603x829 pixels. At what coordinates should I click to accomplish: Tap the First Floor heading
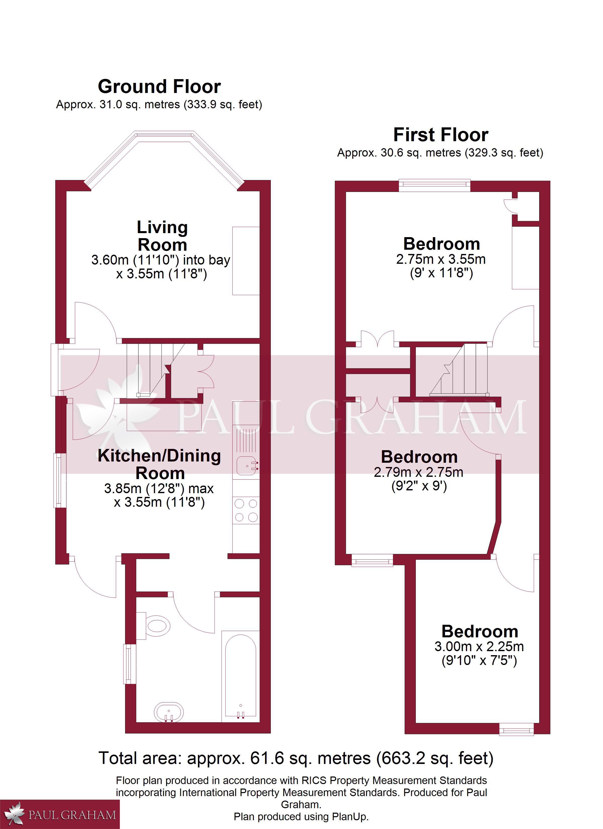coord(441,135)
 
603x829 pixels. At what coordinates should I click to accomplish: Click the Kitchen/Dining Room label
coord(160,464)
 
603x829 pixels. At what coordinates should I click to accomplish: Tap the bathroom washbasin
coord(169,712)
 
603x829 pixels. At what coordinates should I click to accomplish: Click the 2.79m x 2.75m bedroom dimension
coord(418,473)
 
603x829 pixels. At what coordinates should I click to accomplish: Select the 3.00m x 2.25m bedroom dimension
coord(479,647)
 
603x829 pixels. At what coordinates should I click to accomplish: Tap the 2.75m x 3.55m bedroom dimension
coord(441,259)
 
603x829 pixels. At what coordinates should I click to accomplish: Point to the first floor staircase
coord(459,370)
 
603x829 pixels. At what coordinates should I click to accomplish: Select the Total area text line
coord(296,758)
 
